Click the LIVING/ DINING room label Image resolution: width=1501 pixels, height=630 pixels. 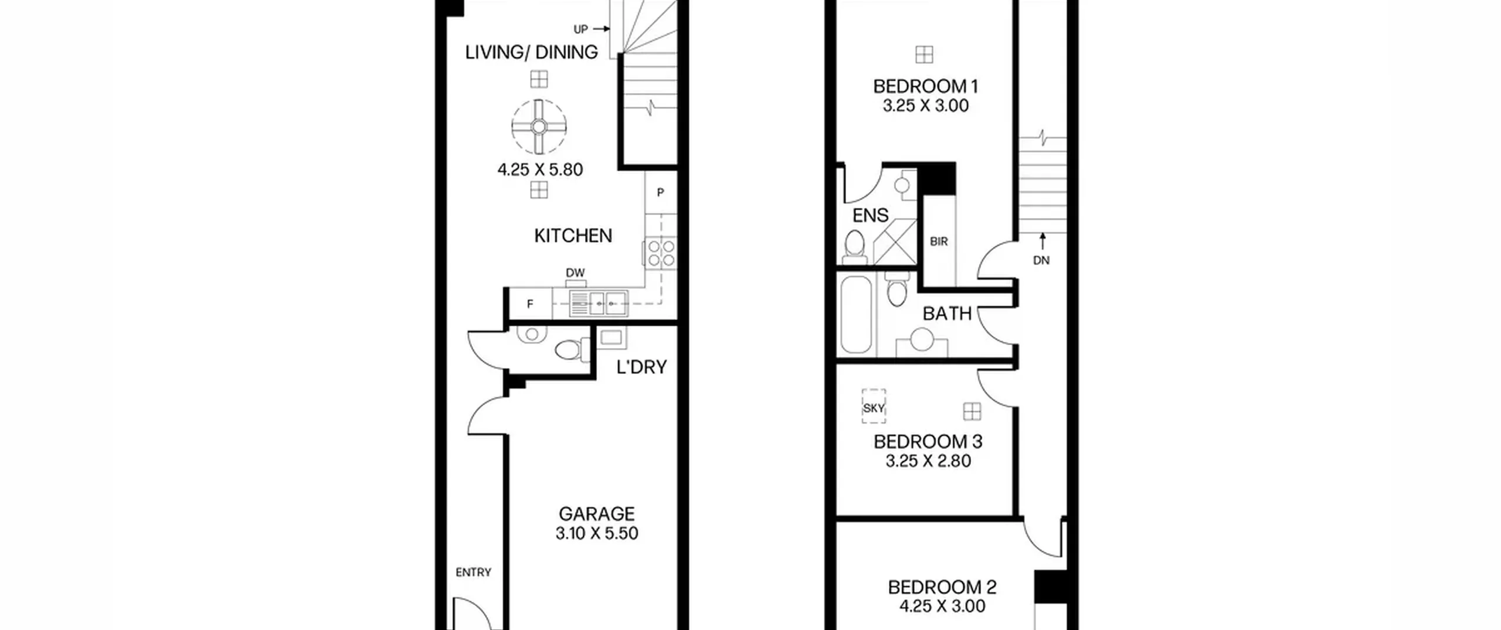click(531, 52)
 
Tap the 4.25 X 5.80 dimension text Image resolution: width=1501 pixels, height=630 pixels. click(540, 170)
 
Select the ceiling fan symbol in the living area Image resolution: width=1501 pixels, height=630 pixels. click(539, 126)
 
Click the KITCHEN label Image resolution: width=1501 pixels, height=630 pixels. click(573, 236)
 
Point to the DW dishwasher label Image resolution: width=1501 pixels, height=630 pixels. click(575, 273)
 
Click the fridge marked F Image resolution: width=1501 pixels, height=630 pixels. click(530, 304)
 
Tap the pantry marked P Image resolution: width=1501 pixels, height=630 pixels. click(661, 192)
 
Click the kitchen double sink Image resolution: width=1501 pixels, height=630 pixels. click(599, 304)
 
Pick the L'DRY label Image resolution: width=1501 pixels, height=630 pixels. click(641, 367)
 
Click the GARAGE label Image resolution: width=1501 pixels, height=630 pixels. click(596, 514)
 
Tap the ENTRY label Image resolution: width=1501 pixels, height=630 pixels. click(473, 572)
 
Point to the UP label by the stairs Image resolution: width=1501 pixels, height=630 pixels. click(580, 29)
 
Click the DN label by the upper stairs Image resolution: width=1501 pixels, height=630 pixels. click(1041, 260)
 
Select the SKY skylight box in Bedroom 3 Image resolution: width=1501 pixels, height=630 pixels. click(874, 407)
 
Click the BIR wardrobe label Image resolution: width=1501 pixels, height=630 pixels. click(939, 241)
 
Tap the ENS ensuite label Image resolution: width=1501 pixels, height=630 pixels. click(870, 216)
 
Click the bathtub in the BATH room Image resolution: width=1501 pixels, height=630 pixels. click(856, 315)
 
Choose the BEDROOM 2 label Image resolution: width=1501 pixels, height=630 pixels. click(942, 587)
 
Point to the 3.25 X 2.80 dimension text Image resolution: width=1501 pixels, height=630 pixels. click(928, 461)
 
